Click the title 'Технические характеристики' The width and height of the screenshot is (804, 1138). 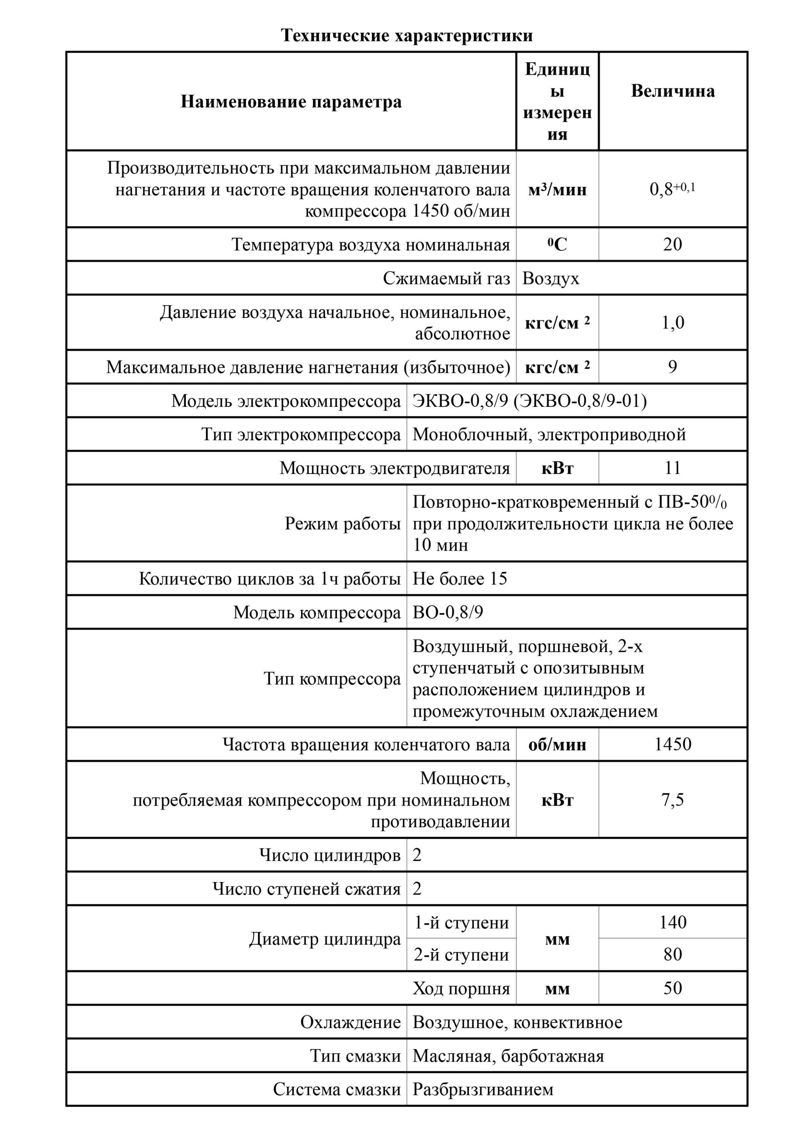pyautogui.click(x=407, y=36)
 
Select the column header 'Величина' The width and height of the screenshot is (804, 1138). pyautogui.click(x=672, y=91)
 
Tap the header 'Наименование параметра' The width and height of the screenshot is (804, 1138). pyautogui.click(x=291, y=102)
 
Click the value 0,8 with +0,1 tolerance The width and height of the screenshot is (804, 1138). pyautogui.click(x=672, y=189)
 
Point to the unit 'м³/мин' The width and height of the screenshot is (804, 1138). pyautogui.click(x=557, y=190)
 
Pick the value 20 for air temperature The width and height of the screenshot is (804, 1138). pyautogui.click(x=672, y=244)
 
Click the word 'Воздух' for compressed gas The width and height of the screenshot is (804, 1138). pyautogui.click(x=550, y=279)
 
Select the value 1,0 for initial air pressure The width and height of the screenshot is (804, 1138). pyautogui.click(x=672, y=323)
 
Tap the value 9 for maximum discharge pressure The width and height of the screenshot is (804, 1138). pyautogui.click(x=672, y=367)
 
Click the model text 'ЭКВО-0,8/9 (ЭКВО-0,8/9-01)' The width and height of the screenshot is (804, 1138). pyautogui.click(x=529, y=401)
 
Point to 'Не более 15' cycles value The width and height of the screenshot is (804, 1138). pyautogui.click(x=460, y=579)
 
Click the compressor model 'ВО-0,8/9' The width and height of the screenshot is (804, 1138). pyautogui.click(x=448, y=613)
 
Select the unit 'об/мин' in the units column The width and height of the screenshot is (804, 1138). pyautogui.click(x=557, y=745)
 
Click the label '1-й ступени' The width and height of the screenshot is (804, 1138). pyautogui.click(x=461, y=923)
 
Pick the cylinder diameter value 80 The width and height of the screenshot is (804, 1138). pyautogui.click(x=672, y=954)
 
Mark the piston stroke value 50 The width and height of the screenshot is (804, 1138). pyautogui.click(x=672, y=988)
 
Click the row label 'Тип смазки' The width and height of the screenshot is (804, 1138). pyautogui.click(x=355, y=1056)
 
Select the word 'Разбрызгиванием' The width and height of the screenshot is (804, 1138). pyautogui.click(x=483, y=1090)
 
